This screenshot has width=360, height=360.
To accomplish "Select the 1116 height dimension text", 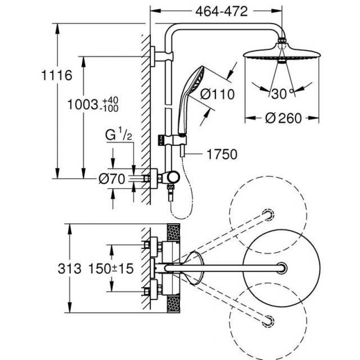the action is point(57,75).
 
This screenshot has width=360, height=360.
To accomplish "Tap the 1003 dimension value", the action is point(83,105).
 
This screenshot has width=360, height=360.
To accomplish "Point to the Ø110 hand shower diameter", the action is point(217,94).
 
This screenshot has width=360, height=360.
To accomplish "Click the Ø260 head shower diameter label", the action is point(283,118).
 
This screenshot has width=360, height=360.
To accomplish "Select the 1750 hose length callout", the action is point(222,154).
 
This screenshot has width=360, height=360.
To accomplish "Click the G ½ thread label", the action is point(119,135).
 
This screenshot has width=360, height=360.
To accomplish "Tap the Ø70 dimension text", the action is point(112,179).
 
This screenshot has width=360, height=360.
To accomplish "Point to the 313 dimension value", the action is point(70,268).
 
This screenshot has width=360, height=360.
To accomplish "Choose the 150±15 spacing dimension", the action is point(111,268).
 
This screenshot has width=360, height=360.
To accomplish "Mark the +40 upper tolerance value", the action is point(110,100).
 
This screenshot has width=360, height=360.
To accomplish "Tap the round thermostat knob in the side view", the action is point(173,177).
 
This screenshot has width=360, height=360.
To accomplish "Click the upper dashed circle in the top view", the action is point(268,215).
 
